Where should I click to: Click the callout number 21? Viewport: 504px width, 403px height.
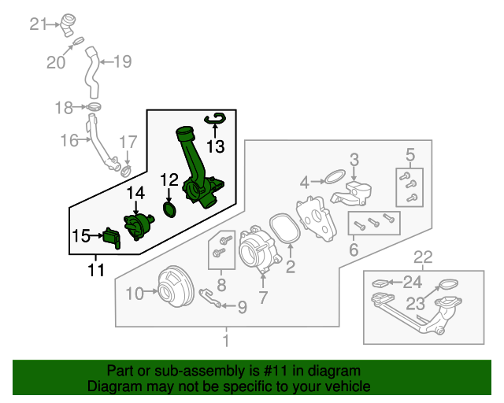click(39, 24)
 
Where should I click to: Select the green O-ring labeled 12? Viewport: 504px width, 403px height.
click(169, 210)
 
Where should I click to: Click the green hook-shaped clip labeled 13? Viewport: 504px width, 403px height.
click(215, 119)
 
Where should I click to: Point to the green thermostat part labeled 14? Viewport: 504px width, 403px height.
click(137, 225)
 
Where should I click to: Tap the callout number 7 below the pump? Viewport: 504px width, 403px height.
click(262, 298)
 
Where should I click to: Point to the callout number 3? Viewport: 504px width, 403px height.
click(354, 159)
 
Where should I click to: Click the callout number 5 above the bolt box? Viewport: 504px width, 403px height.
click(409, 153)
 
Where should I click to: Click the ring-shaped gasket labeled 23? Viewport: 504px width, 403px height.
click(447, 284)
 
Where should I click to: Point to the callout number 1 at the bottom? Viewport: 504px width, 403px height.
click(227, 342)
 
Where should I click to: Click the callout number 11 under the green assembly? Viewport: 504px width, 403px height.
click(96, 271)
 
